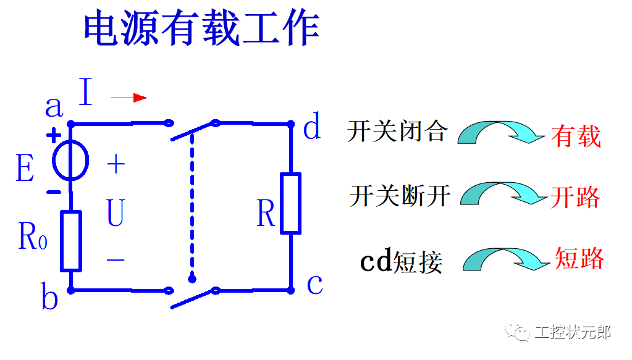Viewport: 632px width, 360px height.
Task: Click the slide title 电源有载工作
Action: click(x=201, y=28)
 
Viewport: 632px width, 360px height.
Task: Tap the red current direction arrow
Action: click(x=129, y=98)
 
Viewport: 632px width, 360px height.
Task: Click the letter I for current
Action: click(x=85, y=93)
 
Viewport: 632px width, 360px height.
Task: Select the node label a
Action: click(x=54, y=107)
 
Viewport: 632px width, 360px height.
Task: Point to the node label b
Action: click(x=49, y=299)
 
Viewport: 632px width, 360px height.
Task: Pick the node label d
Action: click(x=312, y=128)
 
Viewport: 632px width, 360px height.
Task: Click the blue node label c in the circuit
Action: click(x=314, y=285)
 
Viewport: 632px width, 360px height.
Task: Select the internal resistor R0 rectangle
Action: click(x=71, y=241)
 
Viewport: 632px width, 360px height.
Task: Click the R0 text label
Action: click(x=32, y=235)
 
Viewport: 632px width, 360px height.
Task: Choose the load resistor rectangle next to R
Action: click(x=290, y=204)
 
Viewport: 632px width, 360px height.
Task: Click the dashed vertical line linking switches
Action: click(x=192, y=204)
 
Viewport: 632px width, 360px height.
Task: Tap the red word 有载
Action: click(x=576, y=136)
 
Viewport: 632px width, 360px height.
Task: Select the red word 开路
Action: click(x=575, y=198)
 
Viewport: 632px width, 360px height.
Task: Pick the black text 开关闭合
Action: click(x=396, y=131)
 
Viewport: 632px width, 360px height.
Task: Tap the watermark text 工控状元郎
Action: click(x=572, y=332)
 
